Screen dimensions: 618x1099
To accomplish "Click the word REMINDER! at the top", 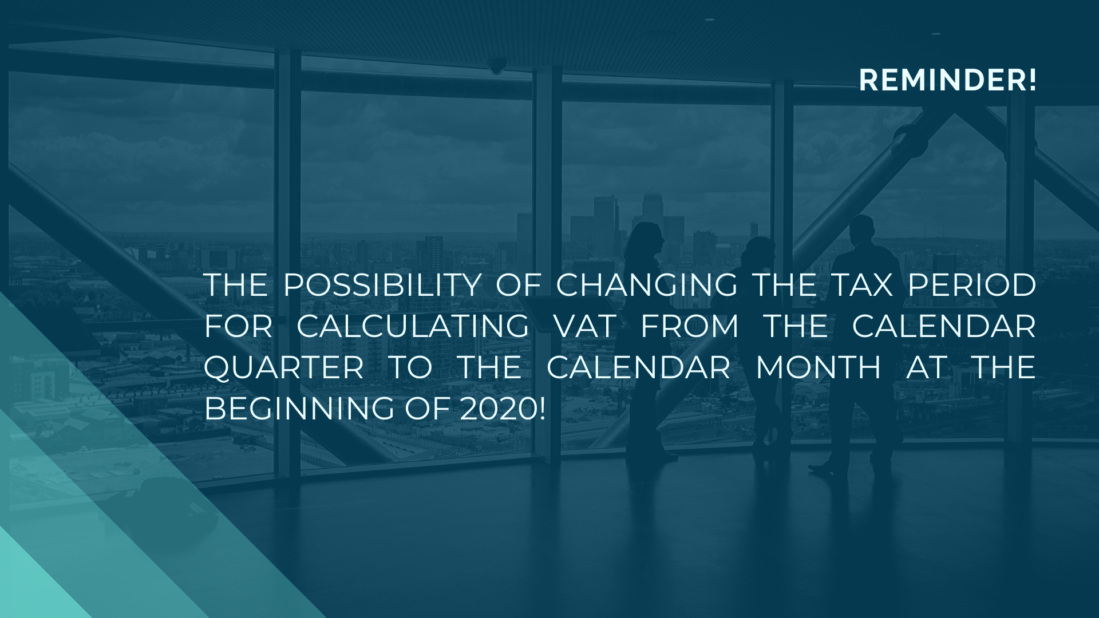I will tap(947, 80).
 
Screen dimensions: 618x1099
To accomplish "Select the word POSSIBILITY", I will tap(382, 285).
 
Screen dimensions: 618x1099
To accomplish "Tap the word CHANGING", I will tap(647, 285).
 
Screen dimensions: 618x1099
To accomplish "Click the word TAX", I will tap(861, 285).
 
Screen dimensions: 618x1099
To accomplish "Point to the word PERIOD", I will tap(972, 285).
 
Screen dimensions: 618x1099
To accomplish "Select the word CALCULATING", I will tap(413, 326).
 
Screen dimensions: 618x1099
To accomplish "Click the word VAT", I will tap(585, 326).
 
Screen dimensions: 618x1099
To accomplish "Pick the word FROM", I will tap(690, 326).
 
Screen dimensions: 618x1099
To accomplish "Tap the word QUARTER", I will tap(284, 367).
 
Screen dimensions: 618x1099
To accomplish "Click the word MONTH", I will tap(819, 367).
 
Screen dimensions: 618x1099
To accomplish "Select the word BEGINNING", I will tap(299, 409).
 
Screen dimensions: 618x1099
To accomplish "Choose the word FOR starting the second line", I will tap(238, 326).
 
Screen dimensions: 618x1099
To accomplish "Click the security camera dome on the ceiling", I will tap(497, 66).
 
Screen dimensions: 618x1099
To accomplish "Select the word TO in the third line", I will tap(410, 367).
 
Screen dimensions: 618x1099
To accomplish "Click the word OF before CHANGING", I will tap(518, 285).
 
